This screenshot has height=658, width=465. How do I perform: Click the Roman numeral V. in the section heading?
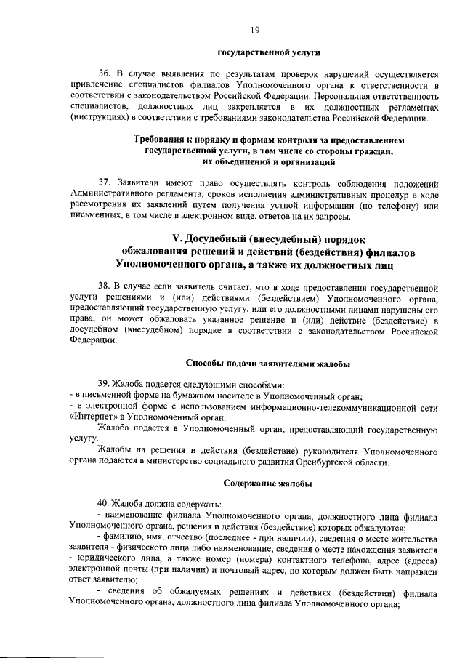coord(177,239)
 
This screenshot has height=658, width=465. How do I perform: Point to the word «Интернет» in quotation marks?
coord(92,417)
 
